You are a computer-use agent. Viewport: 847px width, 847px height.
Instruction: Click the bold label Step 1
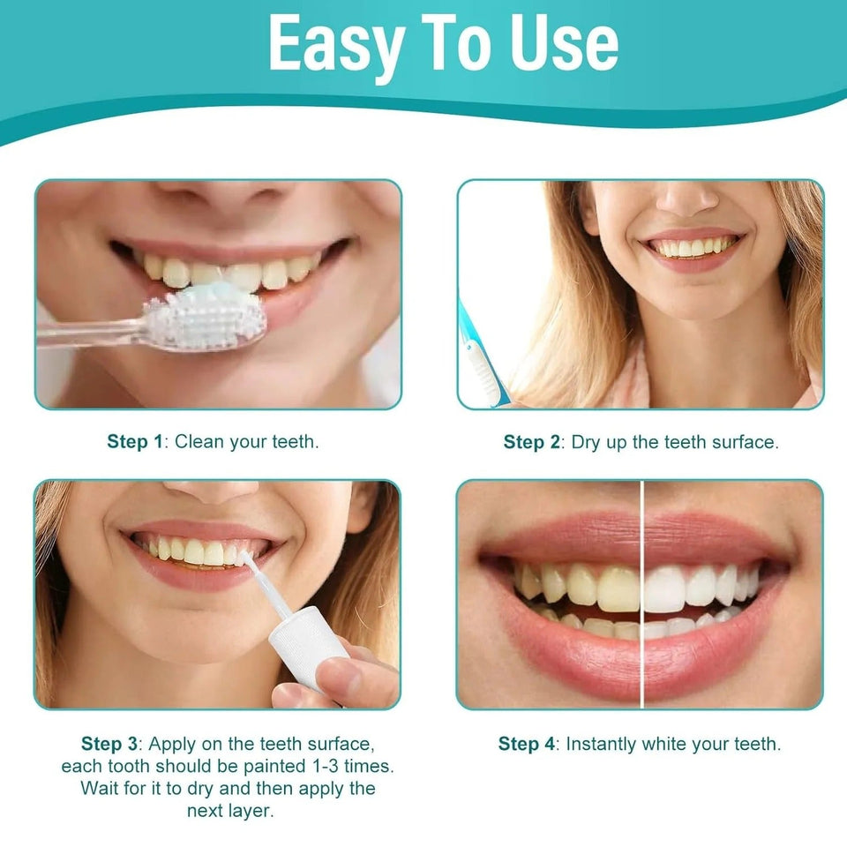(x=134, y=442)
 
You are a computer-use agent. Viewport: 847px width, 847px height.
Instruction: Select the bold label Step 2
(x=531, y=442)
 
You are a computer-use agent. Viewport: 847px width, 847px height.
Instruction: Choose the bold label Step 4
(x=527, y=744)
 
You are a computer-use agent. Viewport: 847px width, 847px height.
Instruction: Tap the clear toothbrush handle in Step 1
(x=88, y=333)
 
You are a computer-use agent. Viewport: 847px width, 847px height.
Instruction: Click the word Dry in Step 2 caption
(x=586, y=442)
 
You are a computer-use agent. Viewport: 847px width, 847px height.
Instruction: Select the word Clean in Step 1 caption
(x=199, y=442)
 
